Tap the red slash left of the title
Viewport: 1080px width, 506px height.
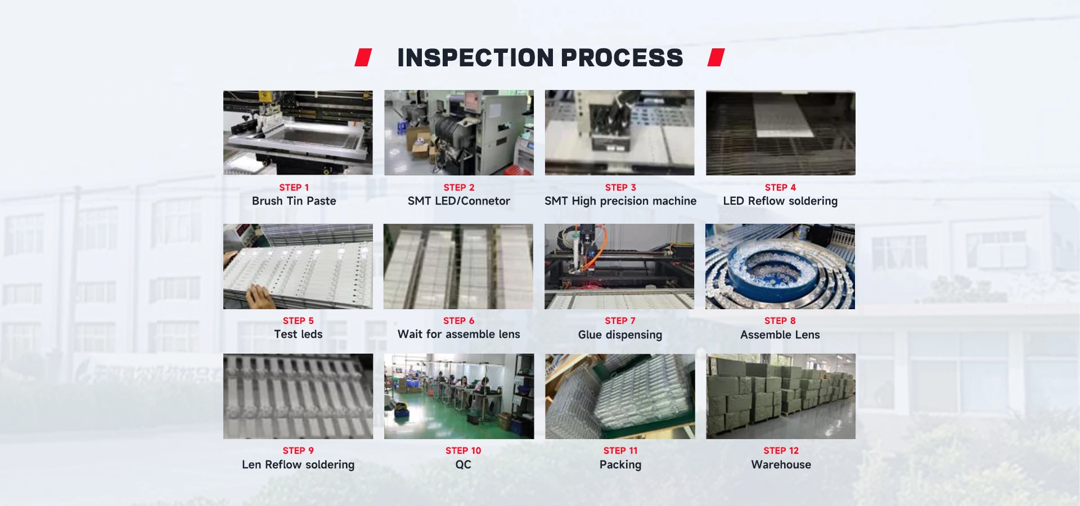(363, 57)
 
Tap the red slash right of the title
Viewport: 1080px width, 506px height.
(716, 57)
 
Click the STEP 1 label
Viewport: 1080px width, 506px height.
(294, 187)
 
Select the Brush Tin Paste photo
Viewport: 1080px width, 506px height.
(298, 133)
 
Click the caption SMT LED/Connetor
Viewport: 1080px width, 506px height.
(458, 201)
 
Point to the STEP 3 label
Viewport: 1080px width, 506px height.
(620, 187)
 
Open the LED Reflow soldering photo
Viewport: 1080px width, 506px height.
(780, 133)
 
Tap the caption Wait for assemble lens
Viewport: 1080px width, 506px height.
(458, 334)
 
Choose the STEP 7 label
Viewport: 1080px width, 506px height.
(620, 320)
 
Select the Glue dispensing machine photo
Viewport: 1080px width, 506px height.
(619, 266)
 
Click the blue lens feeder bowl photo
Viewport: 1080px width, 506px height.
(780, 266)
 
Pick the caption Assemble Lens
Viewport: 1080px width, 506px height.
(780, 335)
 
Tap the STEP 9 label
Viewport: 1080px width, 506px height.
(298, 450)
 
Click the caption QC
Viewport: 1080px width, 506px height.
(463, 464)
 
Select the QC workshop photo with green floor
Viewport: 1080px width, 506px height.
(459, 396)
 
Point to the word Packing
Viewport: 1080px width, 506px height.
(620, 464)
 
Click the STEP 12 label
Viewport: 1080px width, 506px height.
(781, 450)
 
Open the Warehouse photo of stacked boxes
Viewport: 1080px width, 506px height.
(781, 396)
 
